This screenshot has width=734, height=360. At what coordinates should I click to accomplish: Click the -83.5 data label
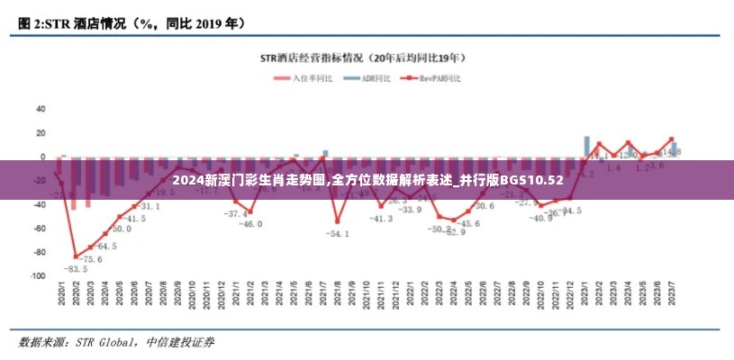(x=75, y=268)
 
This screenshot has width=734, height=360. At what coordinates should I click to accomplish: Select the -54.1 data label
(x=338, y=234)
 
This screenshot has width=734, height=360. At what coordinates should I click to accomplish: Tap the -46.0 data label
(x=249, y=223)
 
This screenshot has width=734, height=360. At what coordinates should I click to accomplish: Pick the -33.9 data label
(x=410, y=210)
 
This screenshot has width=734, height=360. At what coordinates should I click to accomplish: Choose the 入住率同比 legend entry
(x=307, y=78)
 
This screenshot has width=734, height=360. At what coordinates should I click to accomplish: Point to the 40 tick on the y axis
(x=40, y=108)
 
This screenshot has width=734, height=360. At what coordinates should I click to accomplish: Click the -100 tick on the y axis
(x=37, y=276)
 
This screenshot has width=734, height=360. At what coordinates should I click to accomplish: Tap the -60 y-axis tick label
(x=39, y=229)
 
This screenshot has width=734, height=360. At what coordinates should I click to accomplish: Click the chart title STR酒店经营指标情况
(x=363, y=58)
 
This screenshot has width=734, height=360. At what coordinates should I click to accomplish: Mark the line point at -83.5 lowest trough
(x=76, y=256)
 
